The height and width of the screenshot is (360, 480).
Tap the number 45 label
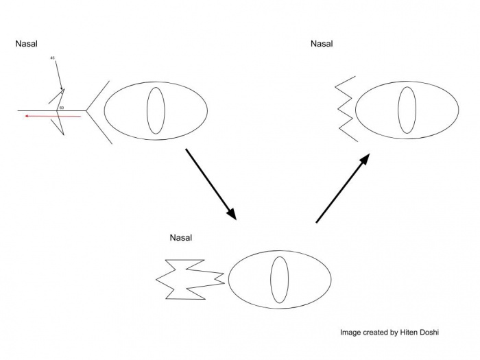[x=53, y=58]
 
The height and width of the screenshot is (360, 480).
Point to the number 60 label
[x=62, y=108]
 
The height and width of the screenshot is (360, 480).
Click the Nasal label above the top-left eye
[x=26, y=44]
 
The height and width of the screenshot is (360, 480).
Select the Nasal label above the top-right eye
[x=322, y=44]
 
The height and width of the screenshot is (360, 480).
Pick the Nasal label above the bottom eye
[x=181, y=238]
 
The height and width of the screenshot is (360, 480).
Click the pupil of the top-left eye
[x=156, y=110]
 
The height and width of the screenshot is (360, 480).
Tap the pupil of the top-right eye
[x=407, y=110]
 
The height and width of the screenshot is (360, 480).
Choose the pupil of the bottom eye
[x=280, y=280]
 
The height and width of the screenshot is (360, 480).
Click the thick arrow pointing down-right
[x=211, y=184]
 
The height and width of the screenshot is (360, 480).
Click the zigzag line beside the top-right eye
[x=346, y=108]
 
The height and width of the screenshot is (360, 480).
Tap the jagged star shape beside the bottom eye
[x=189, y=278]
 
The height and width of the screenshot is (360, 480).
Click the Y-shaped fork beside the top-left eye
[x=97, y=110]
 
